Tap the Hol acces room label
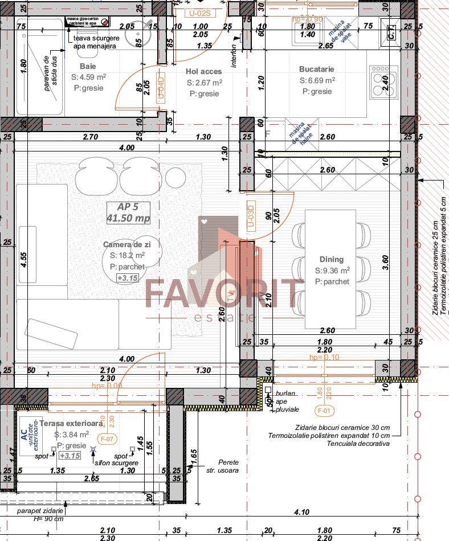click(x=203, y=71)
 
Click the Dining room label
click(x=332, y=259)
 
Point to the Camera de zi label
click(x=126, y=244)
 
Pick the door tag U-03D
click(x=251, y=216)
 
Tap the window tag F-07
click(x=107, y=439)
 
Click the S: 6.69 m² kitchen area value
click(x=317, y=81)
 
